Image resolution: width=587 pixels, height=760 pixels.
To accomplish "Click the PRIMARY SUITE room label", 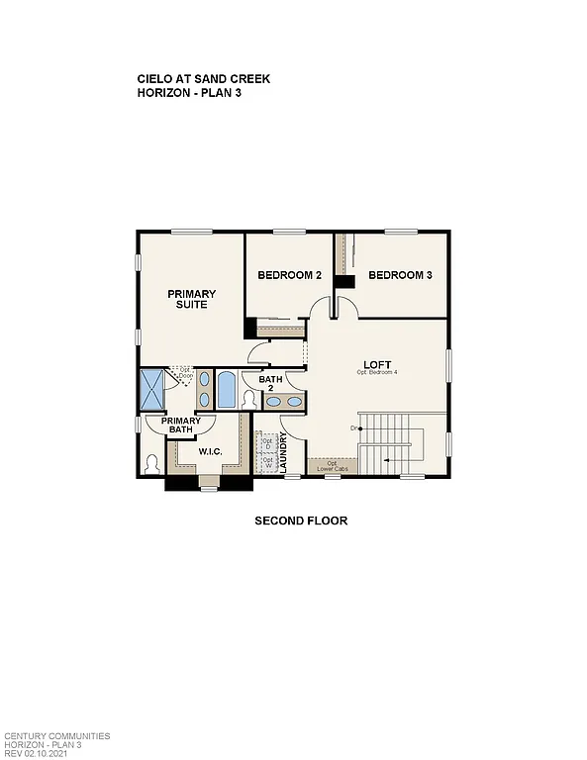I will pyautogui.click(x=191, y=299).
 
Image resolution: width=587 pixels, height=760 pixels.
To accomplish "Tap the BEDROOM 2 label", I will pyautogui.click(x=289, y=275).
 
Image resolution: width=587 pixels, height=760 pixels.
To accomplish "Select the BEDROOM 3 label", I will pyautogui.click(x=400, y=275).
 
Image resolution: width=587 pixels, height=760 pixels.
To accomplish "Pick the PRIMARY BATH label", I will pyautogui.click(x=181, y=425).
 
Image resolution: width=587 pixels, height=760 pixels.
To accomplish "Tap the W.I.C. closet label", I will pyautogui.click(x=209, y=452).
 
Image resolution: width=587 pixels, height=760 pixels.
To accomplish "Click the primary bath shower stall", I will pyautogui.click(x=153, y=388).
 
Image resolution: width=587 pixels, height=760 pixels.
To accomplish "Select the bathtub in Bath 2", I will pyautogui.click(x=227, y=390).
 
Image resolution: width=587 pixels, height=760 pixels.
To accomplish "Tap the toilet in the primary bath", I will pyautogui.click(x=151, y=463).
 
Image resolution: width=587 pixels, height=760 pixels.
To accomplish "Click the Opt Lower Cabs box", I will pyautogui.click(x=333, y=465).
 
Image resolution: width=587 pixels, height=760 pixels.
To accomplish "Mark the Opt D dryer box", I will pyautogui.click(x=266, y=444).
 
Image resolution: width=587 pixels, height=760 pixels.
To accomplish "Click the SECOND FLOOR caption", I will pyautogui.click(x=301, y=521).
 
